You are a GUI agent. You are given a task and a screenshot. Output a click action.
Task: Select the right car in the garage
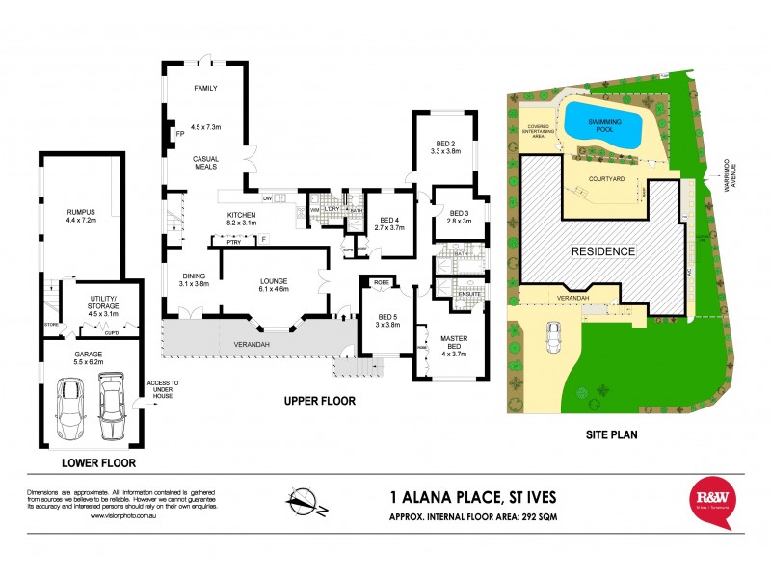[x=112, y=406]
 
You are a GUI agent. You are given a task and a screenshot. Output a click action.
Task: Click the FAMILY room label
[x=204, y=88]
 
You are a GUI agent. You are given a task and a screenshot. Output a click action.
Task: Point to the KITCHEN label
[x=240, y=214]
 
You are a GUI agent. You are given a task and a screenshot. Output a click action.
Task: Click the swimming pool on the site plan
[x=604, y=126]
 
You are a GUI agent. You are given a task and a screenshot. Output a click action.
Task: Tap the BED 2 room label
[x=445, y=144]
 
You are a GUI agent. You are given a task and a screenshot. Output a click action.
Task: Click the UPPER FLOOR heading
[x=320, y=400]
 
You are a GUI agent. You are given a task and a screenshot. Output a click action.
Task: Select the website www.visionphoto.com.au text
[x=125, y=516]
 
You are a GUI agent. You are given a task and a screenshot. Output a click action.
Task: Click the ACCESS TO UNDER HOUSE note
[x=163, y=388]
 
